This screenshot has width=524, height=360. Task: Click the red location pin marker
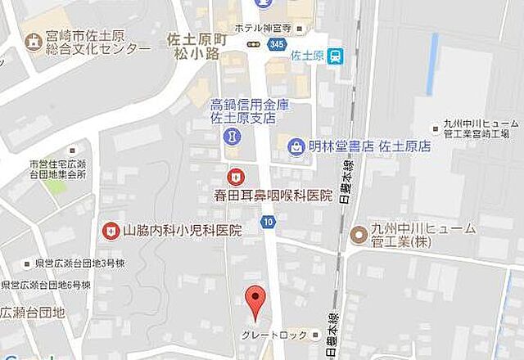click(256, 301)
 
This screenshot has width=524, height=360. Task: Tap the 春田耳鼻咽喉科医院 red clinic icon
click(236, 176)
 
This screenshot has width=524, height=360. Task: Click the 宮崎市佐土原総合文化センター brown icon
click(34, 41)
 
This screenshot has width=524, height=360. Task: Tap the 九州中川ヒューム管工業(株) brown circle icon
click(358, 235)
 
